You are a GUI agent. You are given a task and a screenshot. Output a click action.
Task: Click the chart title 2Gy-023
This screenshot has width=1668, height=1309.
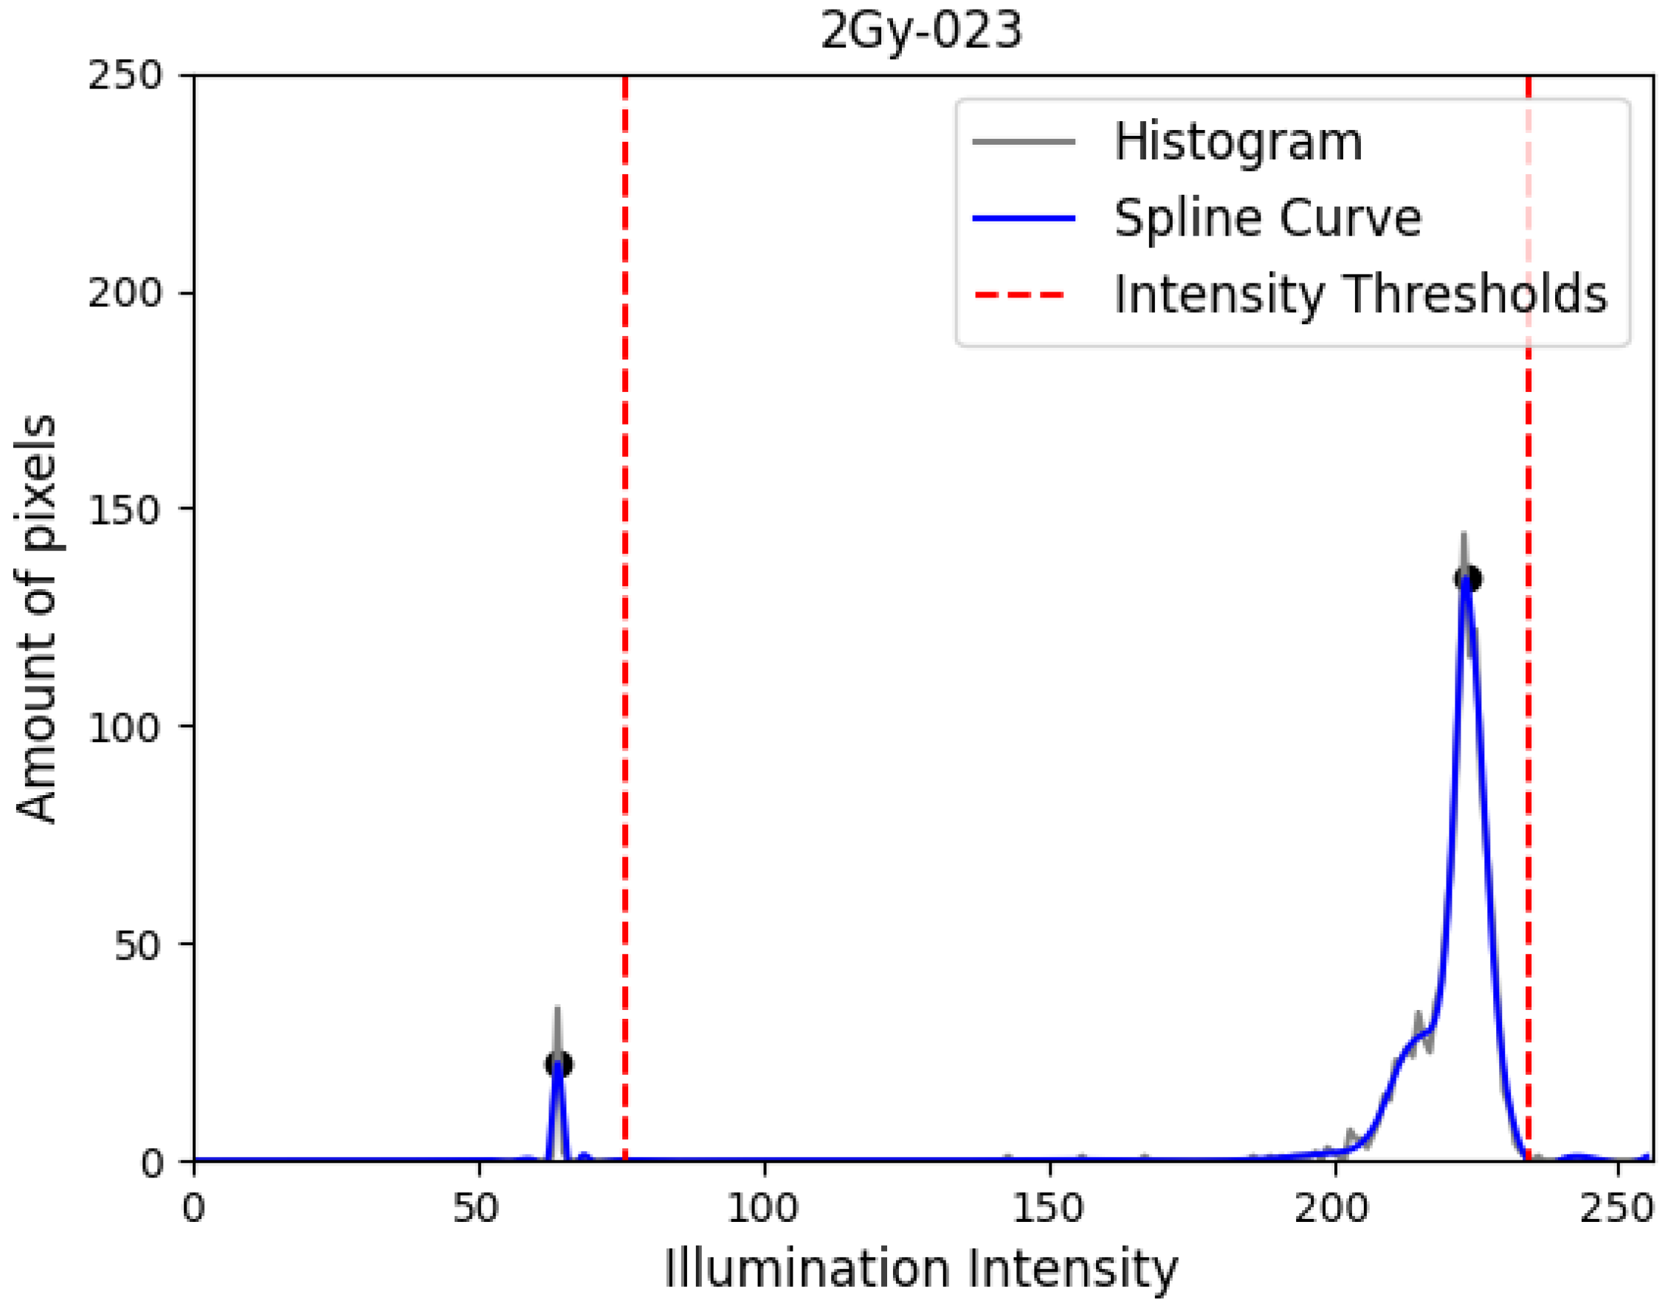(920, 31)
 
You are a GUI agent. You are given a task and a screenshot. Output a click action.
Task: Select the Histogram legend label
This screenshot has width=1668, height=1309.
(1238, 142)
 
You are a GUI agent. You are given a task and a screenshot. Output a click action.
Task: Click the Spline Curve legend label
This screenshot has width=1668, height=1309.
(1267, 219)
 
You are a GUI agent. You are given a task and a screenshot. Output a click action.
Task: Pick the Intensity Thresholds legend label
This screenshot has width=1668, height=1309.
(1360, 295)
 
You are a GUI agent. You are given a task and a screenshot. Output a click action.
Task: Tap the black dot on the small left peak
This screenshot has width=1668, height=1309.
(559, 1065)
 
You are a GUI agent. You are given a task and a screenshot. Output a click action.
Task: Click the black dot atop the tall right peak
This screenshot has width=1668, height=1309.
(1467, 579)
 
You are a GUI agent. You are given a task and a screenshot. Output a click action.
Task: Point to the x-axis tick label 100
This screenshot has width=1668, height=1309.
(762, 1209)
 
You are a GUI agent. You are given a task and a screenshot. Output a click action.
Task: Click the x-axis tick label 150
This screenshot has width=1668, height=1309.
(1047, 1209)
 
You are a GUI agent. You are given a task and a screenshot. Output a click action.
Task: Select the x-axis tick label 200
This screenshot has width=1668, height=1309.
(1331, 1209)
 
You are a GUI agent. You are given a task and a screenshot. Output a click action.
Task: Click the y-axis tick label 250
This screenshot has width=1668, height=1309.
(125, 76)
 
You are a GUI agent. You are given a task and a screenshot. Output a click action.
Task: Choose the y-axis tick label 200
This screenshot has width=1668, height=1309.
(125, 293)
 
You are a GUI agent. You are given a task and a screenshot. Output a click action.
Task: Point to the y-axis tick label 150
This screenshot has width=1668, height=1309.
(125, 509)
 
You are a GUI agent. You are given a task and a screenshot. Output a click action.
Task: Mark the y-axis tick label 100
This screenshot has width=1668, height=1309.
(125, 726)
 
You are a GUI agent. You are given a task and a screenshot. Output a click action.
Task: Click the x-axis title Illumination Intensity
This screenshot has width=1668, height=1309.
(920, 1271)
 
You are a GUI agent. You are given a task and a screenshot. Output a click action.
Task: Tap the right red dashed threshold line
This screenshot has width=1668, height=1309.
(1528, 690)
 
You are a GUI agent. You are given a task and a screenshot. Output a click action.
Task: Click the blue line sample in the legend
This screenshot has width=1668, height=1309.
(1024, 219)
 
